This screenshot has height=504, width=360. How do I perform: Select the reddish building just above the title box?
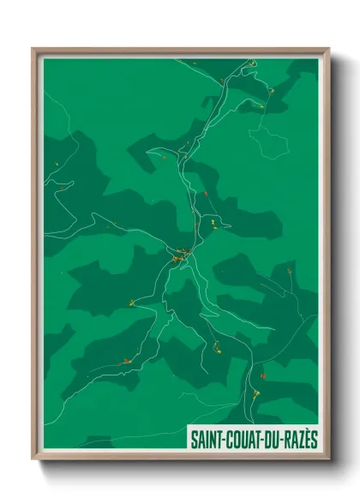(263, 375)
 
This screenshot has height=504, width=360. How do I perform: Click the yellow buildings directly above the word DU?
(255, 393)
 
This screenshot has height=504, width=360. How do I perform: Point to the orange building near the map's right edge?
(291, 271)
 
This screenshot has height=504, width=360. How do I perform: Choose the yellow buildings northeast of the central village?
(210, 224)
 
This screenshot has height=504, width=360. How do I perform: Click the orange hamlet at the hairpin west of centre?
(131, 303)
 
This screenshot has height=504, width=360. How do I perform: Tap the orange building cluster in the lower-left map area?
(125, 361)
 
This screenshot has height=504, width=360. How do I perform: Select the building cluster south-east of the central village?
(218, 346)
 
